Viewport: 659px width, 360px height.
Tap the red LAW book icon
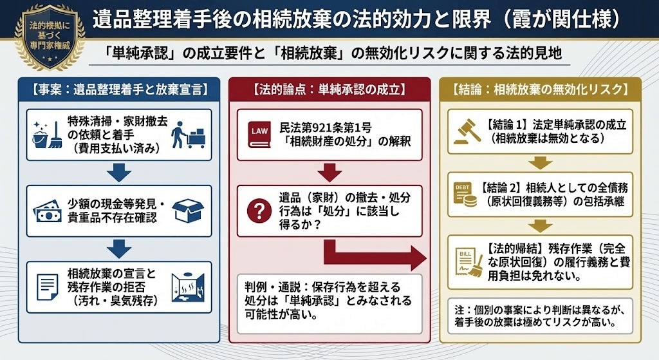point(259,135)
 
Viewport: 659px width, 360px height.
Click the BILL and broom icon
point(468,262)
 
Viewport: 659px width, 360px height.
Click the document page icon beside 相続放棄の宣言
point(46,287)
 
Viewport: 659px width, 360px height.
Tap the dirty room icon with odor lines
point(188,287)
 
